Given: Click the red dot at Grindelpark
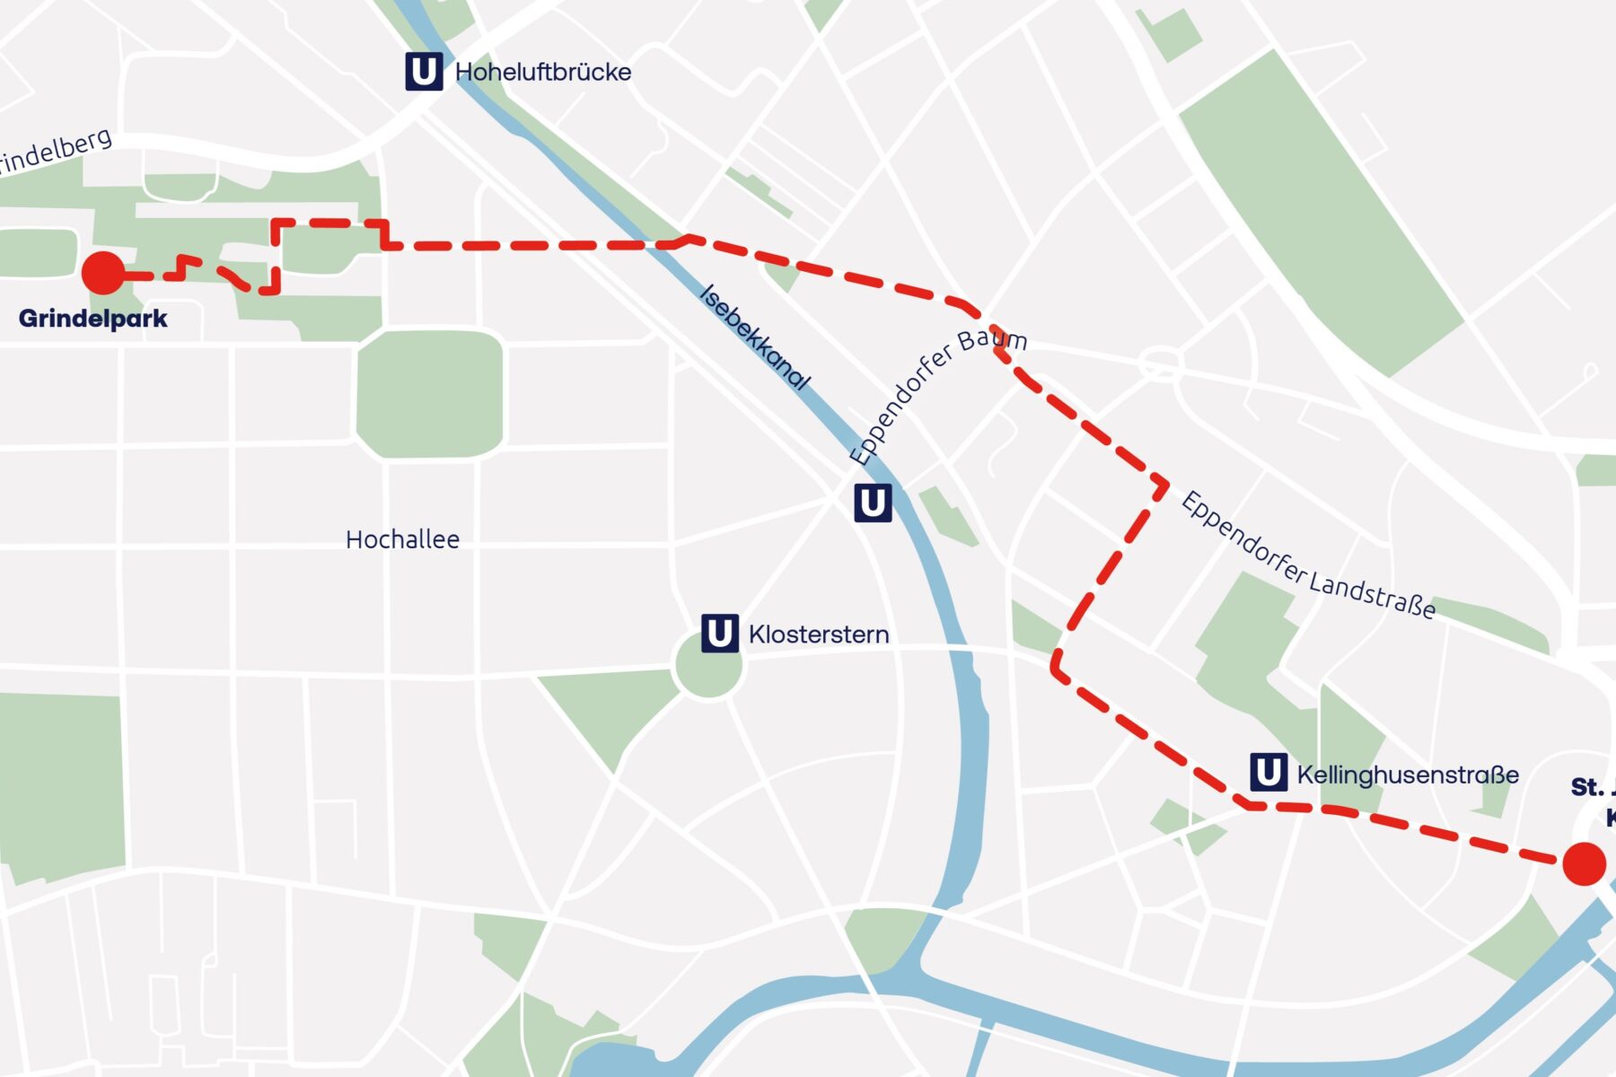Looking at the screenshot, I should click(x=103, y=273).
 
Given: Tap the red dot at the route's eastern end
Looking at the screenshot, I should click(x=1584, y=863).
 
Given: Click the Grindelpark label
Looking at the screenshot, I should click(x=92, y=319).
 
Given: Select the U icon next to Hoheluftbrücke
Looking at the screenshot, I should click(x=424, y=72).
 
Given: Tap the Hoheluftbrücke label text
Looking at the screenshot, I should click(x=543, y=72).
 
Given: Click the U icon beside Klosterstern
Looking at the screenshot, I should click(x=719, y=634).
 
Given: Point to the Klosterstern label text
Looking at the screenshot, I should click(x=819, y=635).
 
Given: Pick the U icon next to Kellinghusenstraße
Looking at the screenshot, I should click(x=1268, y=773).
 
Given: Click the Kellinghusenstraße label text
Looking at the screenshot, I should click(x=1408, y=775).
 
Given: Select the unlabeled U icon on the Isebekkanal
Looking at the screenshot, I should click(x=873, y=503).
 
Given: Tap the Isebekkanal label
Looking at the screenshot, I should click(x=754, y=337).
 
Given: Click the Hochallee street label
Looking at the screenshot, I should click(x=402, y=539).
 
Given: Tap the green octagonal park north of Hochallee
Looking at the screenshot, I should click(x=430, y=394).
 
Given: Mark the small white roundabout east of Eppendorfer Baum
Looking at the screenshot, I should click(x=1160, y=364).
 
